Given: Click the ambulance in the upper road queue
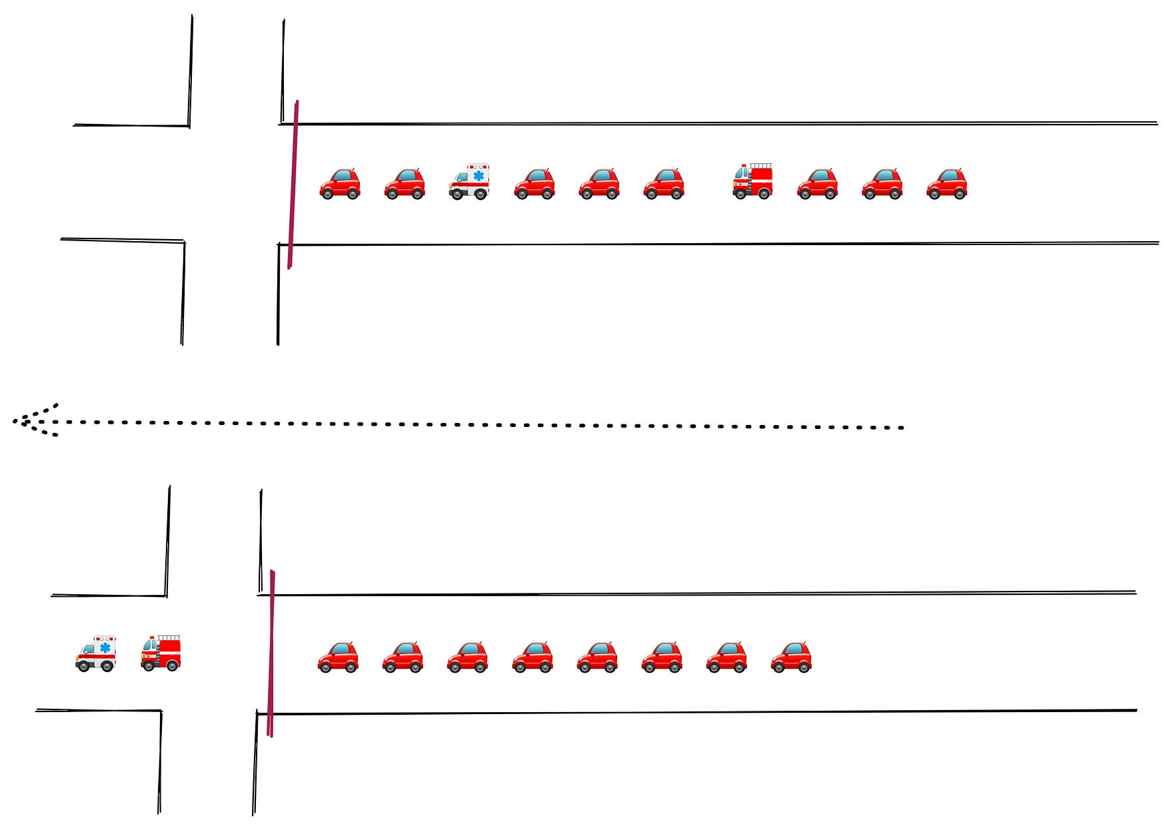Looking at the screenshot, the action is (x=469, y=182).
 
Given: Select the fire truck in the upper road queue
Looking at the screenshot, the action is (x=752, y=181).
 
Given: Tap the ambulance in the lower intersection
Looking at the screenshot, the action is (x=95, y=653).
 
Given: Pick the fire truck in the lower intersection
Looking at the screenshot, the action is (x=161, y=653).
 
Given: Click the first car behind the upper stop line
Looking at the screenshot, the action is (x=340, y=184).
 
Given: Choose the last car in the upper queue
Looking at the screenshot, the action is (x=946, y=184).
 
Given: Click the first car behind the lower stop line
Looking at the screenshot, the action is (x=338, y=657).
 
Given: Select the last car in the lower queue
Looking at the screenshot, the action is (x=791, y=657).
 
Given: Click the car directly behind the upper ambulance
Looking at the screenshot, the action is (x=534, y=184).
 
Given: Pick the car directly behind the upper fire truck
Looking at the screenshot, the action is (x=817, y=184).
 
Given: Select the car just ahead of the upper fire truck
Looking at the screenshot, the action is (x=664, y=184).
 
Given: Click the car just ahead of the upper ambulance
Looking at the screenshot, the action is (x=405, y=184).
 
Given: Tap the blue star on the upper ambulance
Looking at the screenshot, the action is (x=479, y=176).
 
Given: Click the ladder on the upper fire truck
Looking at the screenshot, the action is (x=760, y=165).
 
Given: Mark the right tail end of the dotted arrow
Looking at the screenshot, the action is (x=901, y=428).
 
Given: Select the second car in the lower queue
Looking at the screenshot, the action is (x=403, y=657).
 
